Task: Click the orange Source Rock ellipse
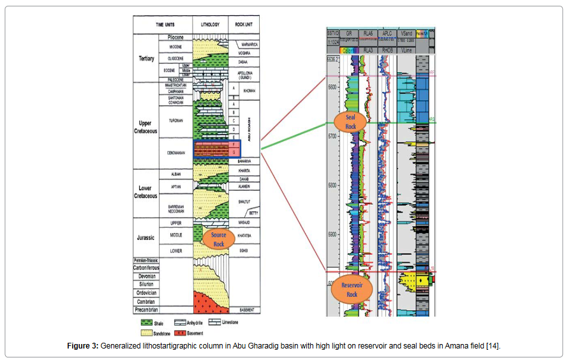(x=219, y=239)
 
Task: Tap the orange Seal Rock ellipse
(x=351, y=122)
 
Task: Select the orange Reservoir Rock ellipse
(x=352, y=290)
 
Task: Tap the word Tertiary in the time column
(x=146, y=59)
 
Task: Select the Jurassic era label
(x=146, y=238)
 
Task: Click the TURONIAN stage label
(x=175, y=120)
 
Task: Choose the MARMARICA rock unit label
(x=248, y=45)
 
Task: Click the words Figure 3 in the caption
(x=83, y=346)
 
